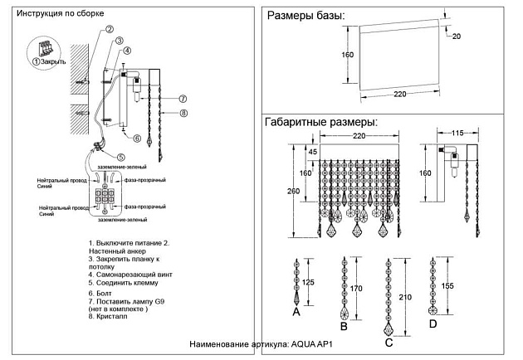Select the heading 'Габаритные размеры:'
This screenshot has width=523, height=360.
pos(320,122)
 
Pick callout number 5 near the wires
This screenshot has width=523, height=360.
pos(121,156)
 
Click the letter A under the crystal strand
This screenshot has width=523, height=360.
pos(296,314)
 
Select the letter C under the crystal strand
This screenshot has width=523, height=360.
pos(388,341)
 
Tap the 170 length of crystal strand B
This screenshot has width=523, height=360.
pos(356,289)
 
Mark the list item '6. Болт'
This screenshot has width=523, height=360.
pos(103,293)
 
